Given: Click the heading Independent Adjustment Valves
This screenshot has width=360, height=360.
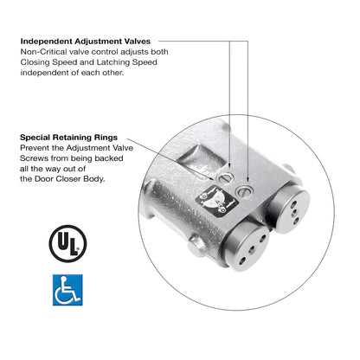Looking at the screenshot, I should pyautogui.click(x=86, y=40).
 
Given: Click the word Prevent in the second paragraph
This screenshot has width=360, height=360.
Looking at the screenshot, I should pyautogui.click(x=35, y=148).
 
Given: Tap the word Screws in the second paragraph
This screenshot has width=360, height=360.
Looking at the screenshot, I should pyautogui.click(x=36, y=158).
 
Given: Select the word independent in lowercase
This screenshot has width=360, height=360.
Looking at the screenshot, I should pyautogui.click(x=48, y=73).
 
